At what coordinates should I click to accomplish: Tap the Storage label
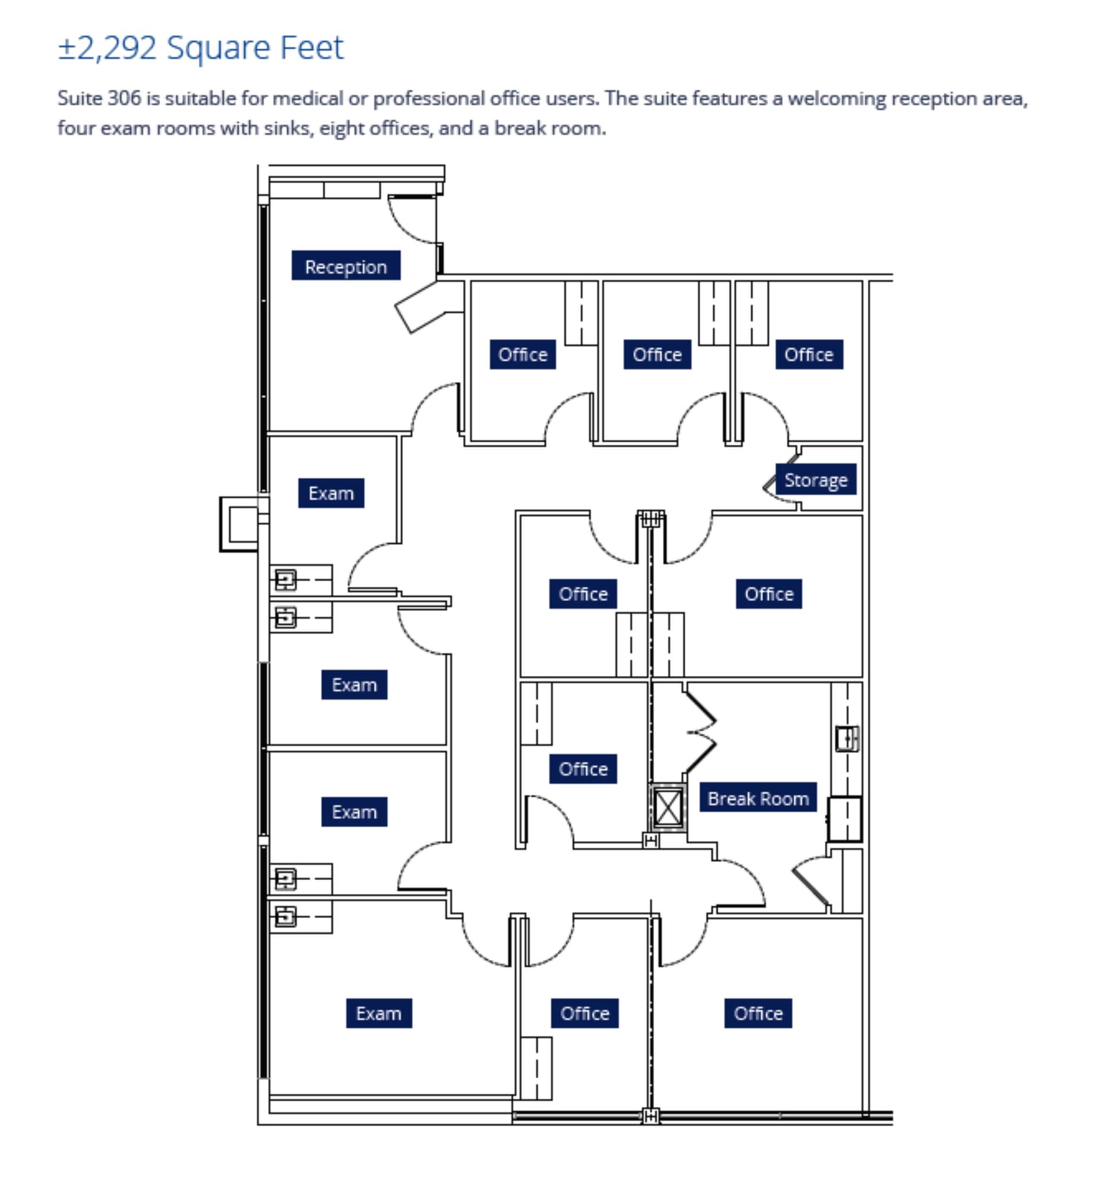[x=815, y=480]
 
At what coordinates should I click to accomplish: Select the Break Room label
[x=757, y=798]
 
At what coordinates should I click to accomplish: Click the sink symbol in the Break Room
[x=847, y=738]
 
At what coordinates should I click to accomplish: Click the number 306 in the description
[x=124, y=98]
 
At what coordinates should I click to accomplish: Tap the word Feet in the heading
[x=312, y=48]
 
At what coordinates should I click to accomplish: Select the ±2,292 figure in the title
[x=107, y=48]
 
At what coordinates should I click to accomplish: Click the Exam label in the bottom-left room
[x=379, y=1013]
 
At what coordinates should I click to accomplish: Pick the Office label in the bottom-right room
[x=757, y=1013]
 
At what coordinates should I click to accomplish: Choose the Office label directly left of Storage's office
[x=657, y=354]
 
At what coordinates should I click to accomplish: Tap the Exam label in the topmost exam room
[x=331, y=493]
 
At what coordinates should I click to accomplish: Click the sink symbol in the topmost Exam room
[x=285, y=579]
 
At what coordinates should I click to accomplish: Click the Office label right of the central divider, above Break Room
[x=768, y=593]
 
